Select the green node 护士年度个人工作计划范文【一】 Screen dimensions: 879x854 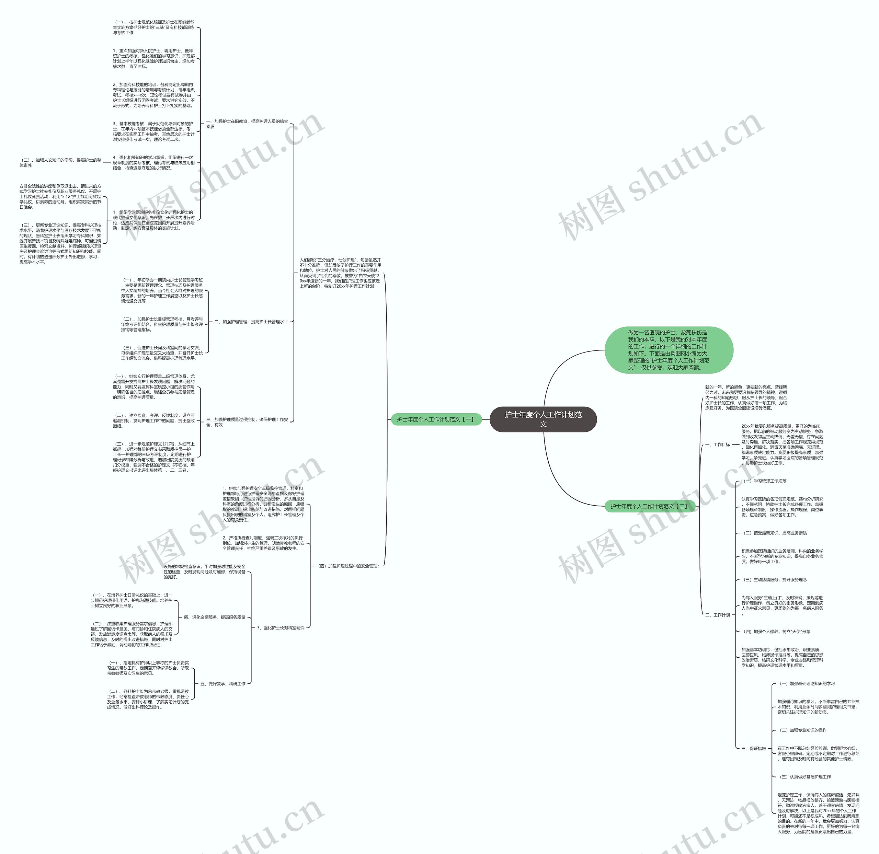point(435,419)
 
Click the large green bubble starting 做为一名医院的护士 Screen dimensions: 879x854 point(669,350)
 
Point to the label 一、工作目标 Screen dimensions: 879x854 point(718,445)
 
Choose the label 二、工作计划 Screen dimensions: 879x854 point(718,615)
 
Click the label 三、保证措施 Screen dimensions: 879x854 point(754,749)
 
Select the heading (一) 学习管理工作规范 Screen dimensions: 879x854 point(765,481)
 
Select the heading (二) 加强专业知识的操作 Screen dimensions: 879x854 point(803,730)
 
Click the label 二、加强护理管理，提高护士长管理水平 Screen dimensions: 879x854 point(251,322)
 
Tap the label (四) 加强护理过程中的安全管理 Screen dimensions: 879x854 point(349,566)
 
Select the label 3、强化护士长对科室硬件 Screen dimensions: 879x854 point(281,628)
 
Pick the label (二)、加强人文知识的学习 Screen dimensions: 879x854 point(60,162)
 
